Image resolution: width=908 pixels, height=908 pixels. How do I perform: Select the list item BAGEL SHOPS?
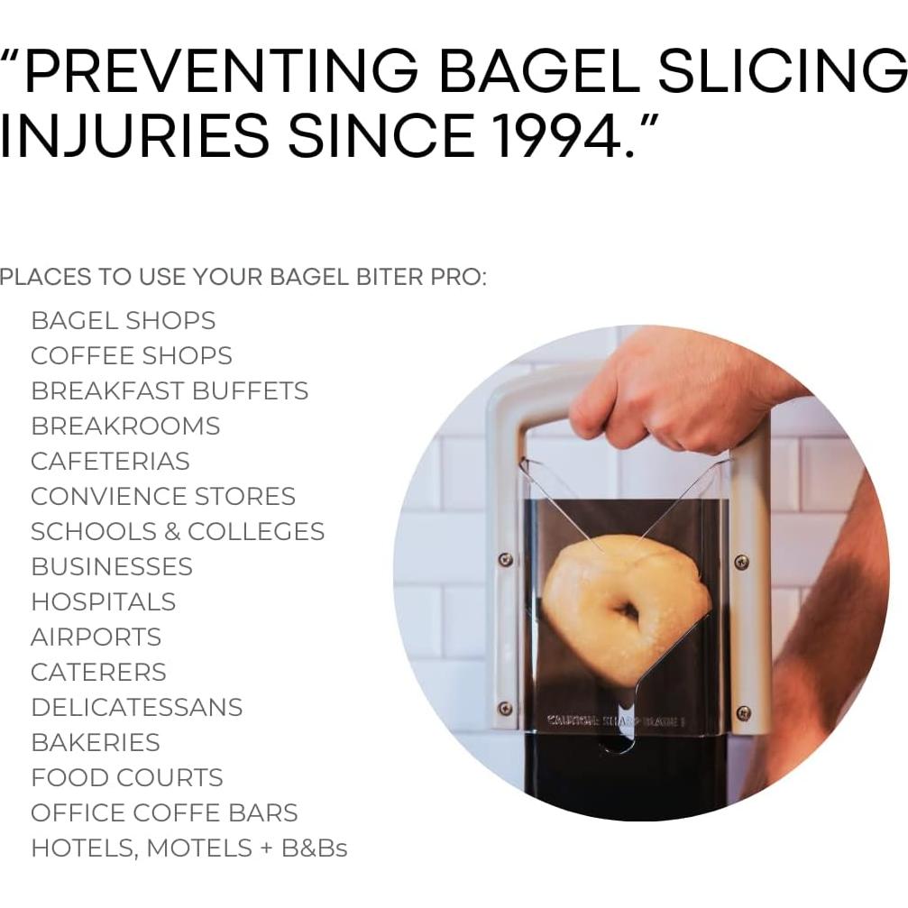point(123,320)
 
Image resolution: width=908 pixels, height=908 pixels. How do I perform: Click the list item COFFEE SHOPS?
point(131,355)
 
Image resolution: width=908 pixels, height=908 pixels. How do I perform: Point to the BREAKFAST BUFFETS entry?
point(170,390)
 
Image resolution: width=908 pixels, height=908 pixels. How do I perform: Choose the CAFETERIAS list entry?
point(110,461)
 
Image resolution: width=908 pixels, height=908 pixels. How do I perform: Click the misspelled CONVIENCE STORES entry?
point(162,496)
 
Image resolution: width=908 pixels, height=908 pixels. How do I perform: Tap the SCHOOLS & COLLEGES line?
point(177,531)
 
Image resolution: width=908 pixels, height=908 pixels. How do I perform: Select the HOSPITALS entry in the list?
point(103,601)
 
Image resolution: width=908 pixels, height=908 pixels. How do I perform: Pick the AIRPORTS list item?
point(96,637)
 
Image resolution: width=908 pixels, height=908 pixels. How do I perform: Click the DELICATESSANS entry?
point(136,707)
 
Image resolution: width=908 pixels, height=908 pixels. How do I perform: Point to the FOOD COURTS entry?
point(126,777)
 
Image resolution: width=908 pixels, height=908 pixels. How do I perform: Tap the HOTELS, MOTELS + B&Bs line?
point(188,848)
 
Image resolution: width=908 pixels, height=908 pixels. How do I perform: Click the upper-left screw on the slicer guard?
point(506,560)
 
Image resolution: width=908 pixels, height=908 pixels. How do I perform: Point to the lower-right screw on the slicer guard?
point(743,713)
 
